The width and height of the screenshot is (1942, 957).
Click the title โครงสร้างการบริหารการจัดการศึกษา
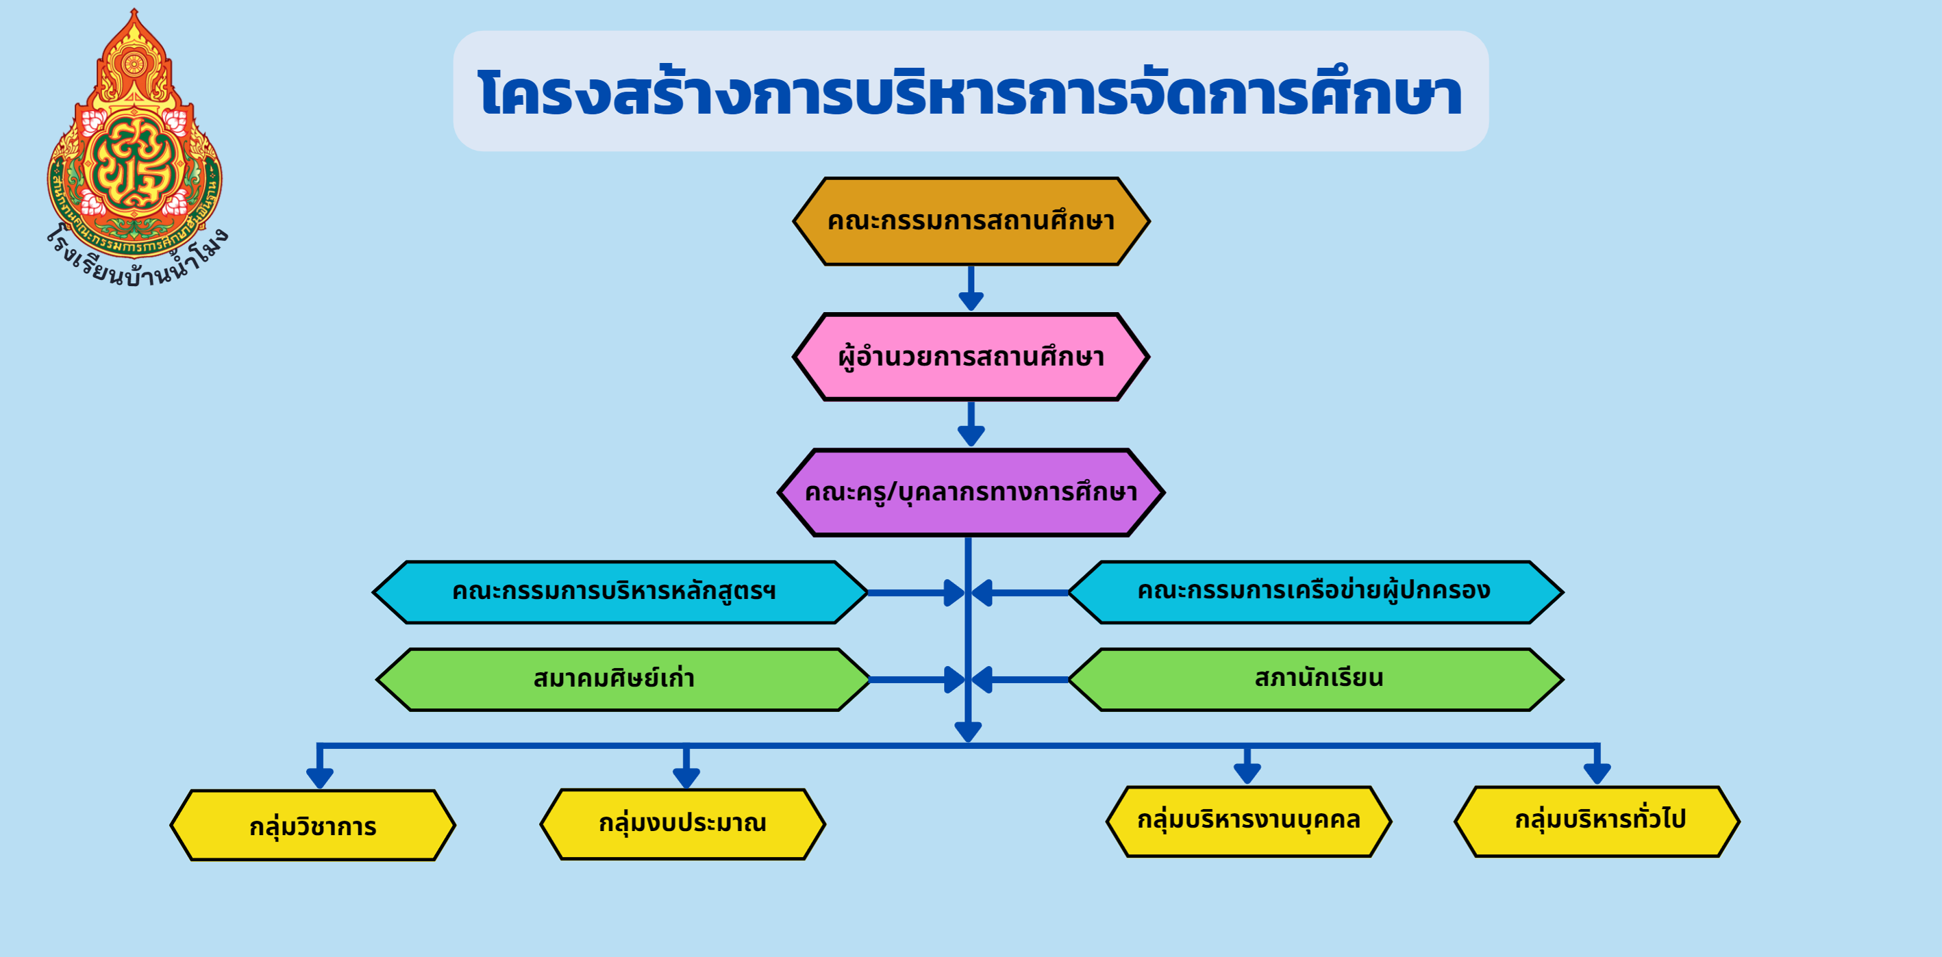[970, 92]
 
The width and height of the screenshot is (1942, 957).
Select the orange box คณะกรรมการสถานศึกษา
[971, 222]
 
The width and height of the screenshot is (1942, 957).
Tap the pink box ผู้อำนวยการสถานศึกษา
[971, 357]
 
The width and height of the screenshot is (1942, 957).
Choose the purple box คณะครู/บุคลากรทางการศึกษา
[971, 493]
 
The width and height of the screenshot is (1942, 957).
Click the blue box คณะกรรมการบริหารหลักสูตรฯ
[621, 592]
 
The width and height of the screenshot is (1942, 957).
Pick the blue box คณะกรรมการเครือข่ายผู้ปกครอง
[1315, 592]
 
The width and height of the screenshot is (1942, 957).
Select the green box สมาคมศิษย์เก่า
[623, 680]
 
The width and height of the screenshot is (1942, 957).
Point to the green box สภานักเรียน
[1315, 680]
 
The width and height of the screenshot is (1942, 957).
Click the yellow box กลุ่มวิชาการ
[313, 825]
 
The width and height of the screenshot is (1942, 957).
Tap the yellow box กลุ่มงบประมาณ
[683, 824]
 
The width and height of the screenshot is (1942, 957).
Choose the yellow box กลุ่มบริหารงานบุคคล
[1248, 821]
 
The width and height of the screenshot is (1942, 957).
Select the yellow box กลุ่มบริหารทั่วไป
[1597, 821]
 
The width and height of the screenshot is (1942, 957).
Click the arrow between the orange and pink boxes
[971, 288]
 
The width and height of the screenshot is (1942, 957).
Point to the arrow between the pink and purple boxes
[971, 424]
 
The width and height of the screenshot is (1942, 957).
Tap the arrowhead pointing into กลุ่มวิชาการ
[320, 778]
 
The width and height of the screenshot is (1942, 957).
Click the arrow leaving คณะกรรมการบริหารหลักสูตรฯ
[916, 593]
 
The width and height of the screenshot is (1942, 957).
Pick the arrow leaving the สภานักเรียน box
[1020, 680]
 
